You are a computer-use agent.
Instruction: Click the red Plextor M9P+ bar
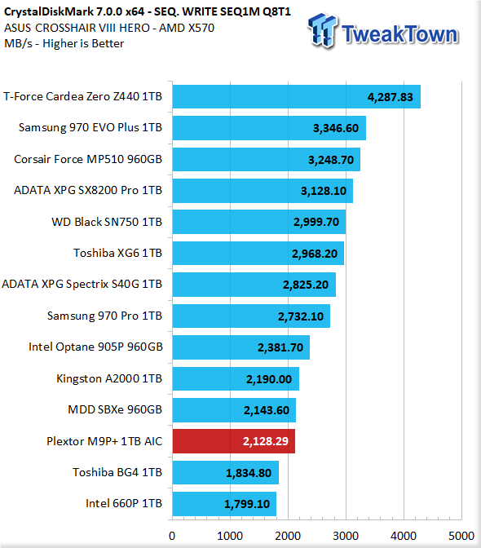[234, 441]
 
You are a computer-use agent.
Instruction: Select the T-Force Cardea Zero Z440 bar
[297, 96]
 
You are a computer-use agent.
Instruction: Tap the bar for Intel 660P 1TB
[224, 504]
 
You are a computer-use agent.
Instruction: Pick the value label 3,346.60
[336, 128]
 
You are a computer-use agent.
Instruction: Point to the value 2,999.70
[316, 222]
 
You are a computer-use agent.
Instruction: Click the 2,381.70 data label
[280, 347]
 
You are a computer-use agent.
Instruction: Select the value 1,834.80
[249, 473]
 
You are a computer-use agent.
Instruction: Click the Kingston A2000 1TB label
[109, 378]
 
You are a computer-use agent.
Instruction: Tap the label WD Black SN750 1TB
[107, 222]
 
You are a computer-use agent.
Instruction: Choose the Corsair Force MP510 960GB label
[88, 159]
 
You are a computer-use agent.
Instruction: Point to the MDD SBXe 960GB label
[115, 409]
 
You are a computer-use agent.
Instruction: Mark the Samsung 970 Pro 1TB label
[105, 316]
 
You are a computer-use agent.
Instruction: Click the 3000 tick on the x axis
[346, 536]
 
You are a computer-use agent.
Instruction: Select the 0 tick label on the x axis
[172, 536]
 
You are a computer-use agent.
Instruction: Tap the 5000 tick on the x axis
[461, 536]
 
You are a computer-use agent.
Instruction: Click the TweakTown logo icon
[322, 31]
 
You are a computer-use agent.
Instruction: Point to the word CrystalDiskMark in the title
[49, 12]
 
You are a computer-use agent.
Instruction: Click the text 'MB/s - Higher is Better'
[64, 44]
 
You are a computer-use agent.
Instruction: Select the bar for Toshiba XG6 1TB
[258, 253]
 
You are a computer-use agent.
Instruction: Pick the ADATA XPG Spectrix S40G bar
[254, 285]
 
